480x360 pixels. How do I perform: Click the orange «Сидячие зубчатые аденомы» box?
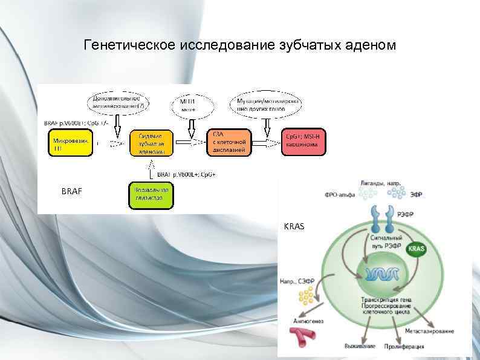151,143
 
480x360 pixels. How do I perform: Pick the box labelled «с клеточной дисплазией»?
229,143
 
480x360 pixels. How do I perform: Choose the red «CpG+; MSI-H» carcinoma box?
303,143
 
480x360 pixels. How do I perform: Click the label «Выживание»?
360,346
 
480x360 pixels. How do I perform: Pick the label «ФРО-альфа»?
340,195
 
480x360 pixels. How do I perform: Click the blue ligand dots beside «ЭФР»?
397,192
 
